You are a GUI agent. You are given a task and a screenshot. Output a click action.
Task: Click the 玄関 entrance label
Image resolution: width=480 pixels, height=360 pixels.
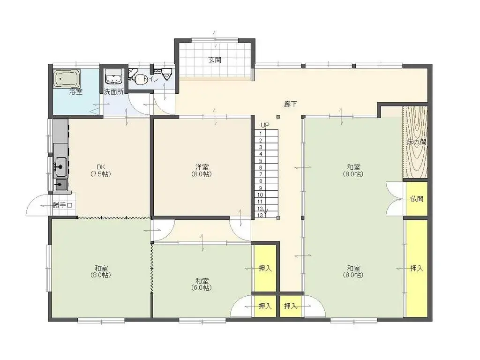point(215,60)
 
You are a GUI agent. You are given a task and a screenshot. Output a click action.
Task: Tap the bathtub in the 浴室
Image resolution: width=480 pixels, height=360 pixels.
point(67,79)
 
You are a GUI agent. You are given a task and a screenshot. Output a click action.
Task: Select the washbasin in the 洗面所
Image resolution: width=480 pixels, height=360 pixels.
point(114,76)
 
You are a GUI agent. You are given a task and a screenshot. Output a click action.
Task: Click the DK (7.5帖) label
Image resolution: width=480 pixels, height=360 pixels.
point(101,171)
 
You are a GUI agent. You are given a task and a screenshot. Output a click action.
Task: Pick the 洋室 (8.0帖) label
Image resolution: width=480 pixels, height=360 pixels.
point(202,171)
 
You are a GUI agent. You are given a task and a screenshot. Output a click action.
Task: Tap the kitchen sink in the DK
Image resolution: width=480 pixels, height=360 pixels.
point(60,166)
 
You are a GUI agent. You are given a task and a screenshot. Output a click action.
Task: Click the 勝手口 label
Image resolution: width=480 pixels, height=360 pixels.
point(62,205)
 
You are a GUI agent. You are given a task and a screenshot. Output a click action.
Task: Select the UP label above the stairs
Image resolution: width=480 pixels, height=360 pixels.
point(265,125)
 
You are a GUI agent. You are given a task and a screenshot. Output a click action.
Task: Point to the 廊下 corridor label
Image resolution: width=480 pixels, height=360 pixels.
point(290,104)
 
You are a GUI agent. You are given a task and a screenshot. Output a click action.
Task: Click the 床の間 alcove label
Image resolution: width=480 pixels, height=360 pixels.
point(417,142)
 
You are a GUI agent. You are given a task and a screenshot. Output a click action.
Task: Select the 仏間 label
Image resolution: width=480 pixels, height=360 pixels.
point(417,199)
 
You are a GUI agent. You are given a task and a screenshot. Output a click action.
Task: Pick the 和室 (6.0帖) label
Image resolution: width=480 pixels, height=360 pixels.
point(202,284)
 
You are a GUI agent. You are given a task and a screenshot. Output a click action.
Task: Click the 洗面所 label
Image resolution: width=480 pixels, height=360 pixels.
point(113,91)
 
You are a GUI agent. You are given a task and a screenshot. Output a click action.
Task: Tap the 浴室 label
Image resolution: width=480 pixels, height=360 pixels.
point(75,91)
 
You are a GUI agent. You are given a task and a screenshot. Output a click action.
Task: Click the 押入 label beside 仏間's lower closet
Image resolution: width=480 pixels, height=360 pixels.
point(417,269)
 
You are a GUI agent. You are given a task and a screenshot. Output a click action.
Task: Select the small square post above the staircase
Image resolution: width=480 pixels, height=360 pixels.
point(278,117)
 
